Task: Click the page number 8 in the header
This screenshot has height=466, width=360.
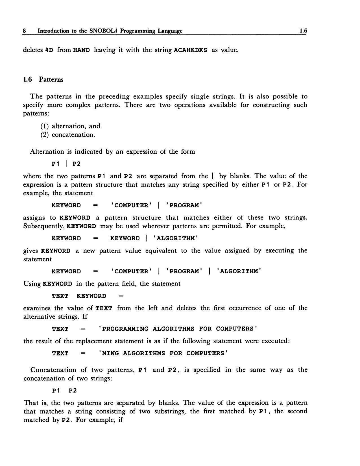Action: coord(25,31)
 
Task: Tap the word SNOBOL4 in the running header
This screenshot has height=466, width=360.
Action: coord(103,31)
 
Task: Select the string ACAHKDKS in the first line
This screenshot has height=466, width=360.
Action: coord(191,50)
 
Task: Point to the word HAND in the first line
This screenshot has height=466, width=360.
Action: coord(81,50)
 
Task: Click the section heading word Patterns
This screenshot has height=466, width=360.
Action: coord(51,79)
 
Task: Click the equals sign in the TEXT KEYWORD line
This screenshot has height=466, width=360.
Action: coord(121,296)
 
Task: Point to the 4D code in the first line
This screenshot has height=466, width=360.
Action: coord(49,50)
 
